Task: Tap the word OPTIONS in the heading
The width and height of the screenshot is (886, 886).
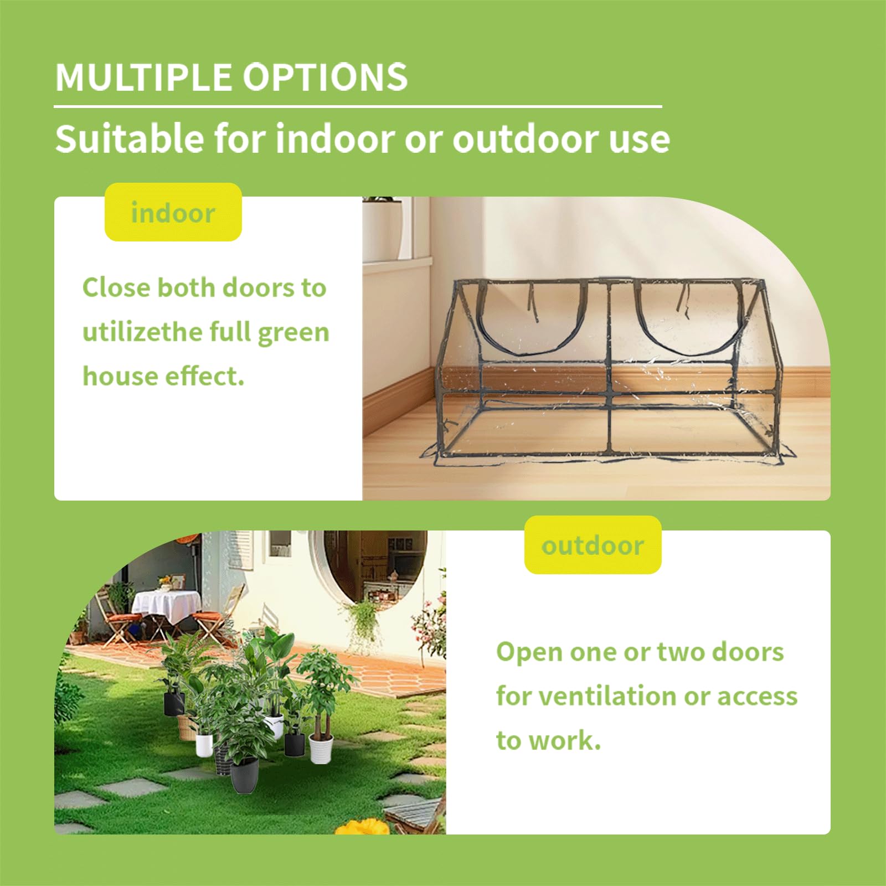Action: pos(326,77)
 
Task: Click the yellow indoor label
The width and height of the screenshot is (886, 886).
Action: pos(173,213)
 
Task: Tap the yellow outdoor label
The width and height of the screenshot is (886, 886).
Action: pos(593,545)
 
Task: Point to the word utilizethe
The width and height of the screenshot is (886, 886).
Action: pos(143,332)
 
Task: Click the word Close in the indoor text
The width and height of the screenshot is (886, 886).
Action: pos(116,288)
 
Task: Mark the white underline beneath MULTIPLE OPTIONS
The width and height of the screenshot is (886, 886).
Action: pos(358,106)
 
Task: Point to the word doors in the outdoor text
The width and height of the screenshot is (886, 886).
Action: pos(748,652)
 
